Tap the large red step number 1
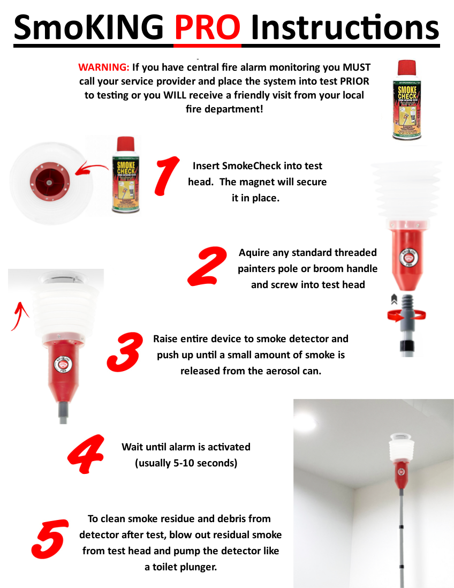168,174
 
